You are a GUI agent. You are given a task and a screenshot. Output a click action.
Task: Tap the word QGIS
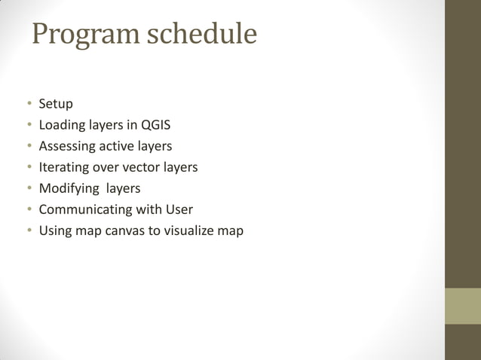(156, 125)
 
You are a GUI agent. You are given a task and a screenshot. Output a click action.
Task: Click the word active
(113, 146)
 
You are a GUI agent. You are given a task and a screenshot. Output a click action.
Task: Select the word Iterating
(63, 167)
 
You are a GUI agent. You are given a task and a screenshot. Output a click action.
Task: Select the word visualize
(186, 230)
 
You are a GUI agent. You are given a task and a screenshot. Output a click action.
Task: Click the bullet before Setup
(29, 104)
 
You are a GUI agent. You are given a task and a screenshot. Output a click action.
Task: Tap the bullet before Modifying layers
(29, 188)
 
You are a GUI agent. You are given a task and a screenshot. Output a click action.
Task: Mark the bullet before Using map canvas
(29, 230)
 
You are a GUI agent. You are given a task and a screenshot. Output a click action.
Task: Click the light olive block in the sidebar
(462, 306)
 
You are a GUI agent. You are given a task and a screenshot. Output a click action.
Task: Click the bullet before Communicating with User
(29, 209)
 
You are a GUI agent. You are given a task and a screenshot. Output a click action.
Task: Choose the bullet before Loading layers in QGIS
(29, 125)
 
